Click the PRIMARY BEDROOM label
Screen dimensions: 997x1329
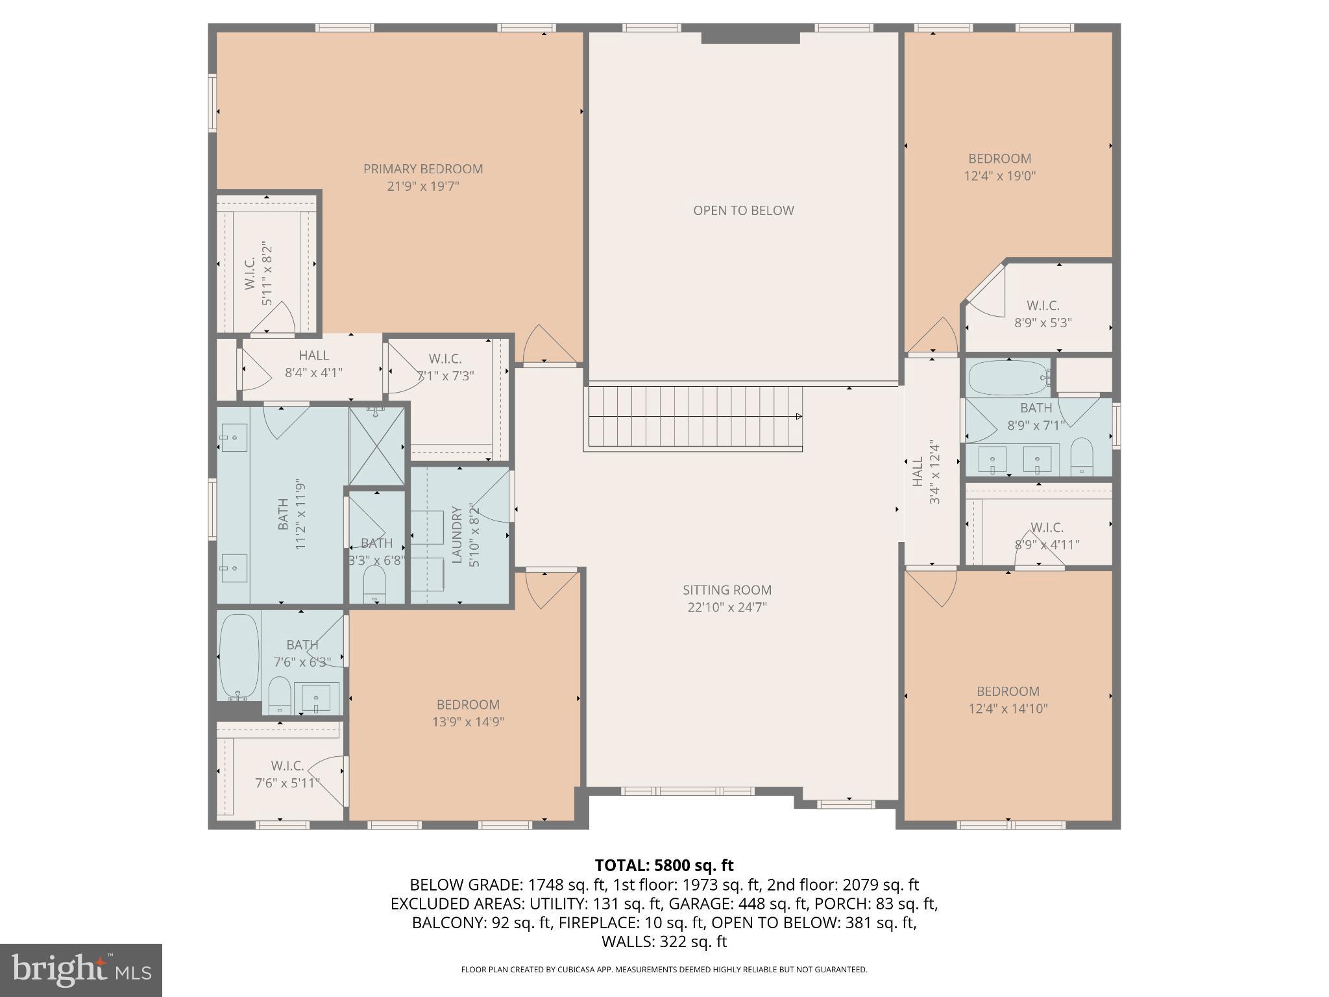click(423, 169)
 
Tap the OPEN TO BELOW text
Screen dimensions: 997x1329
click(743, 210)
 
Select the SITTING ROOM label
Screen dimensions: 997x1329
click(727, 590)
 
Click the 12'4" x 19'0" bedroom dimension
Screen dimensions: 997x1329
click(999, 176)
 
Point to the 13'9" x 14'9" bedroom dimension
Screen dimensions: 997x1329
click(468, 722)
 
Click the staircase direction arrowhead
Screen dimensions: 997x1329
click(799, 417)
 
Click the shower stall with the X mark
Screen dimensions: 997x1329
click(376, 445)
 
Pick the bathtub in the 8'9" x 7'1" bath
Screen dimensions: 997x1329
click(1007, 378)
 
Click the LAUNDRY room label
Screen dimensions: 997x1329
click(457, 535)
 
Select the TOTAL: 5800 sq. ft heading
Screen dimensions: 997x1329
click(664, 865)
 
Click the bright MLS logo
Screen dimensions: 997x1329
click(80, 970)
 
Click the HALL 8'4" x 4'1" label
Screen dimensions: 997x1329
click(313, 364)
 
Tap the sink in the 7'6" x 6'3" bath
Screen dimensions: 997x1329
click(317, 698)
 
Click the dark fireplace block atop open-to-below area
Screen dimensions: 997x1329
click(750, 37)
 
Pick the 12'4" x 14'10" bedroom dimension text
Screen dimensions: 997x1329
click(1008, 709)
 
